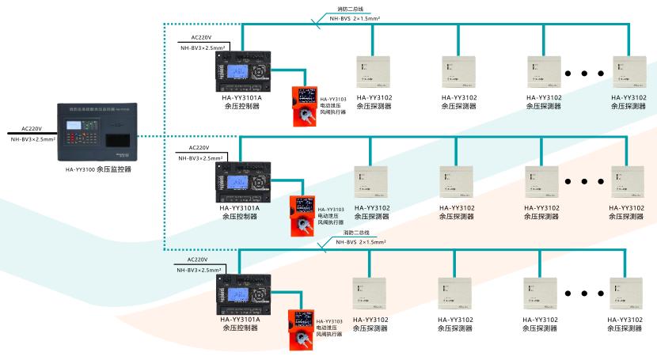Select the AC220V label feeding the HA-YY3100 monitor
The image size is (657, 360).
[31, 127]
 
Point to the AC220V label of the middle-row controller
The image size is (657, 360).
[199, 148]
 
